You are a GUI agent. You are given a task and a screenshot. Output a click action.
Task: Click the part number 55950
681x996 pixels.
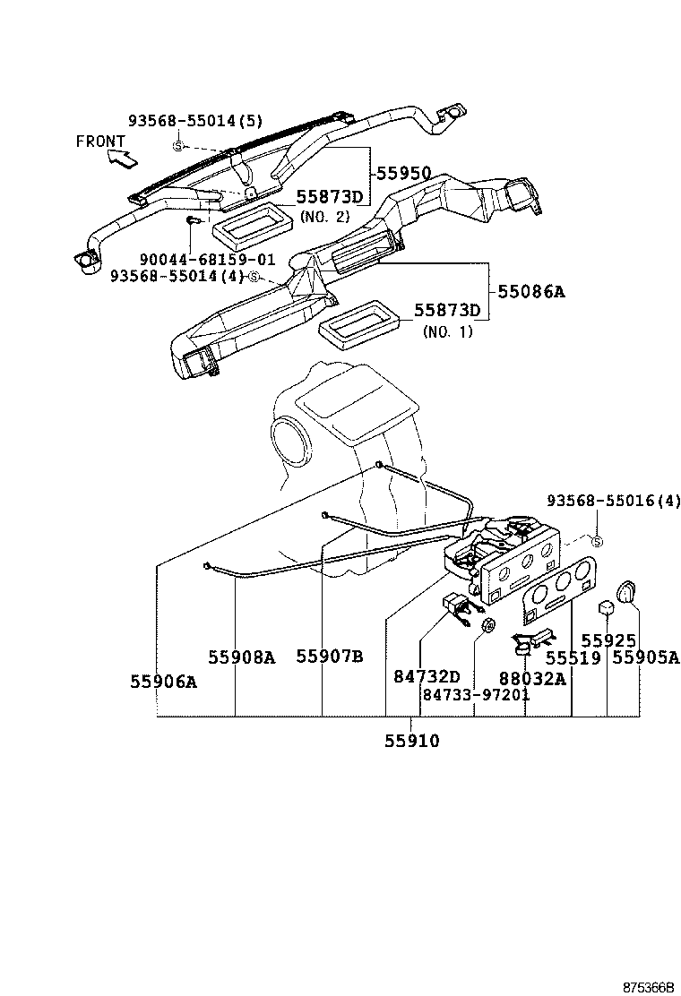coord(403,173)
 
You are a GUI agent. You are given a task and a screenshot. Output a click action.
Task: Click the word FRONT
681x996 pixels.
coord(100,141)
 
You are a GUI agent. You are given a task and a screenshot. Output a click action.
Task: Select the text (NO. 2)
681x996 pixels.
coord(323,217)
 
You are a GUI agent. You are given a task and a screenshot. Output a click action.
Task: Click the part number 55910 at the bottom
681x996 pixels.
coord(412,741)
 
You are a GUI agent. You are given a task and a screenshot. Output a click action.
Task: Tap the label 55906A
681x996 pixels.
coord(163,682)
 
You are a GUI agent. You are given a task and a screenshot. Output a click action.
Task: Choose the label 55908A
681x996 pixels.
coord(242,657)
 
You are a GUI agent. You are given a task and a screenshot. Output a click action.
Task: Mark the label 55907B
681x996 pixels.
coord(330,657)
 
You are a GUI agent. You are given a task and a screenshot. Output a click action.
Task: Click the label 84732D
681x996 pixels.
coord(427,677)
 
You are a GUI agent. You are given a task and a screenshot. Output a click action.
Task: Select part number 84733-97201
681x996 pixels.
coord(476,695)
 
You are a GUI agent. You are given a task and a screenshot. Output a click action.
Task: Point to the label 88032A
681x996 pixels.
coord(532,678)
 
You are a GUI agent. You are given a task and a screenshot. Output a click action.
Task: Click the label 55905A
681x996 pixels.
coord(646,658)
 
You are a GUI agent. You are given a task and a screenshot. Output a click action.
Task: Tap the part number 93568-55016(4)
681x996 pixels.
coord(614,501)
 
